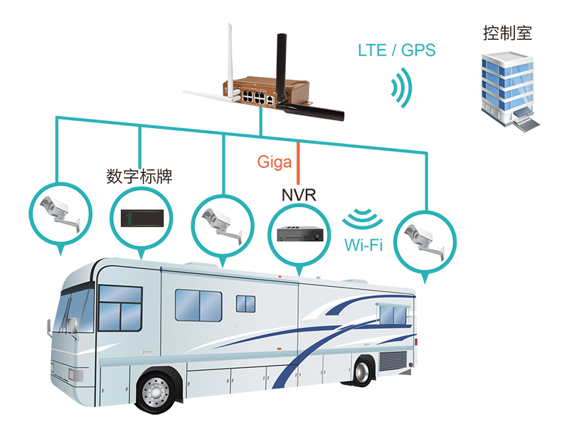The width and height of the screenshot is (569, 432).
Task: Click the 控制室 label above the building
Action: pos(507,33)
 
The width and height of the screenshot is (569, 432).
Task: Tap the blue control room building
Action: pos(510,92)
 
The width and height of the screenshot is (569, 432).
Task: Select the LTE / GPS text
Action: pos(397,50)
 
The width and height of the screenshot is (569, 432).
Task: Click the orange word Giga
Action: pos(275,162)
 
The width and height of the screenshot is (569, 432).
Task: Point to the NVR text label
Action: pos(299,195)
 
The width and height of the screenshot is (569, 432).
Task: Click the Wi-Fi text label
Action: pos(363,245)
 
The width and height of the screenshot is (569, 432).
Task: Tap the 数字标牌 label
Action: pos(139,177)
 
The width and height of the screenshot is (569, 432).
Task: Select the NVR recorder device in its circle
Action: pos(299,233)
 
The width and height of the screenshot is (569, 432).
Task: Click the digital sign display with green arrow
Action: pos(142,218)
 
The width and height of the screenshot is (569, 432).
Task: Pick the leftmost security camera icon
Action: pos(60,214)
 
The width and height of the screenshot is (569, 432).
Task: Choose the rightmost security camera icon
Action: pos(425,241)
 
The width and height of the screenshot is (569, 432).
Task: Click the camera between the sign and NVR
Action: pos(223,226)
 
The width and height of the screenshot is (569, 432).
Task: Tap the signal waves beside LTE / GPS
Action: pos(402,88)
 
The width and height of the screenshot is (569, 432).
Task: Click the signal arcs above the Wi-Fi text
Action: pos(363,218)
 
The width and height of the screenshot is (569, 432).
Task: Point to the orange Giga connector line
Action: pos(298,164)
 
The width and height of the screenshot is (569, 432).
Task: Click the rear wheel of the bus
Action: pos(361,372)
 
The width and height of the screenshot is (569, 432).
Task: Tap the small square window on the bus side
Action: pos(245,304)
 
